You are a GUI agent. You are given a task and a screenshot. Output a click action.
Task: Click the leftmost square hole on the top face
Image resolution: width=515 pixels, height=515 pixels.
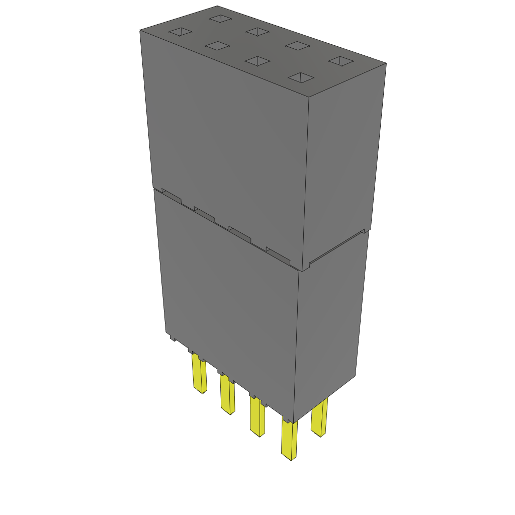pyautogui.click(x=181, y=33)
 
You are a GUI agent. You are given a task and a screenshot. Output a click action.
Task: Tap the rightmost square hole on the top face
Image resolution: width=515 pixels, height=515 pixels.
pyautogui.click(x=341, y=61)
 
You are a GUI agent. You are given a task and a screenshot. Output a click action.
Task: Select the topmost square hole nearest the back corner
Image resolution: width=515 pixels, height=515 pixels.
pyautogui.click(x=220, y=19)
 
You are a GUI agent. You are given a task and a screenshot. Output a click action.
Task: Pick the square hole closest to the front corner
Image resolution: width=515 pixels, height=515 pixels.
pyautogui.click(x=301, y=77)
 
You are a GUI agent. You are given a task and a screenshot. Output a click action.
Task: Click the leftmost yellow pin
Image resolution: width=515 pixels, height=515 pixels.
pyautogui.click(x=199, y=373)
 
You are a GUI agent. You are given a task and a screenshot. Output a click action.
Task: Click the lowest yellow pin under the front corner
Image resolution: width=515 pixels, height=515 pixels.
pyautogui.click(x=289, y=441)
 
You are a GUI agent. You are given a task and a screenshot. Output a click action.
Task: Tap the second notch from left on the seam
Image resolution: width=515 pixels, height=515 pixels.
pyautogui.click(x=204, y=216)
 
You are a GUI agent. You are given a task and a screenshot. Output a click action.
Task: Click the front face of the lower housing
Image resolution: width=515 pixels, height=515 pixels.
pyautogui.click(x=231, y=302)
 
